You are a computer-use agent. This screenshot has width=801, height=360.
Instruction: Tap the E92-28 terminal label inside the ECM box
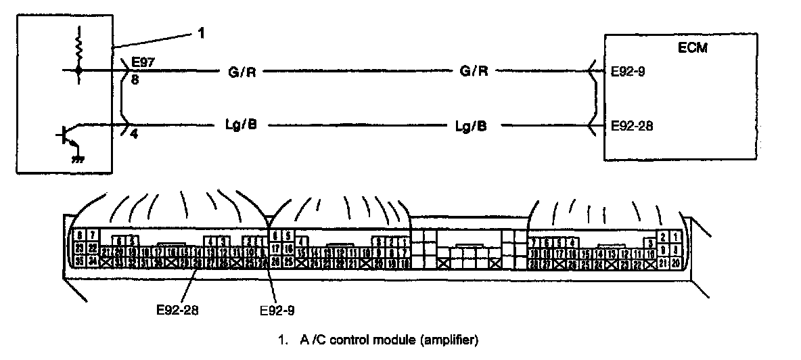click(x=631, y=125)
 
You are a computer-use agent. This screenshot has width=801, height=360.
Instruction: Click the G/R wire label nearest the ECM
click(x=474, y=70)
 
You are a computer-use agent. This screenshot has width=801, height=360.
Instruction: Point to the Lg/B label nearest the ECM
click(x=471, y=126)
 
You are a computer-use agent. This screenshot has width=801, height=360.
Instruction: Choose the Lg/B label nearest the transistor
click(x=240, y=126)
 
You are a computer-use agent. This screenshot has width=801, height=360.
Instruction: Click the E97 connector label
click(x=144, y=62)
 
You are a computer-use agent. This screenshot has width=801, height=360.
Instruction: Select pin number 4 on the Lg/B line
click(x=135, y=134)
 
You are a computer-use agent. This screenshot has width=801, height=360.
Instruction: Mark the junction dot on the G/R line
click(x=80, y=70)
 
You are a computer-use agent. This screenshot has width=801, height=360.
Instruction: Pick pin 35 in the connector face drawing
click(x=80, y=261)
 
